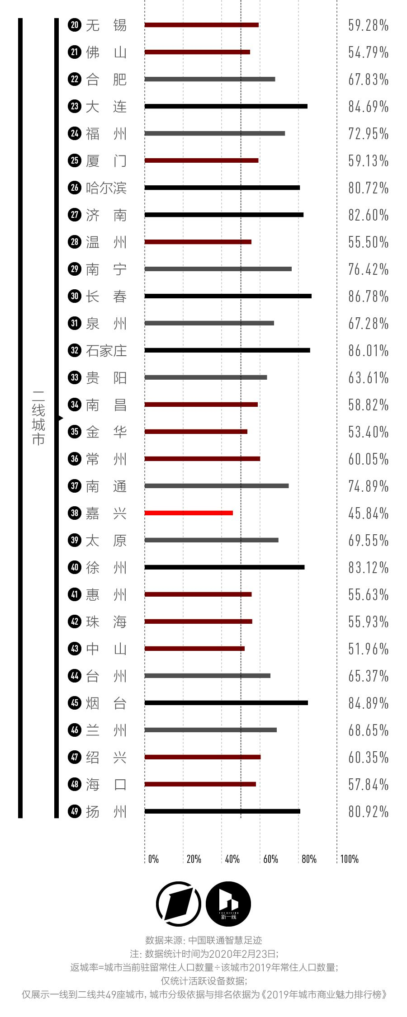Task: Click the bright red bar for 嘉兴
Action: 189,513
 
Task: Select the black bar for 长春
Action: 228,296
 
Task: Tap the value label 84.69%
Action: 368,107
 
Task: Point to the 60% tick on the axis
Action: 270,859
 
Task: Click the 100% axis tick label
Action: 349,859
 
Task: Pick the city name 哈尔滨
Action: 106,188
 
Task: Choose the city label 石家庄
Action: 106,351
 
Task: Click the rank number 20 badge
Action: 75,25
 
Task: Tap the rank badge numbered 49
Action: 75,811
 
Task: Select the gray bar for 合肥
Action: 210,79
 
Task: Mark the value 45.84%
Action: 368,513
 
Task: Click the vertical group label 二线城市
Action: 38,418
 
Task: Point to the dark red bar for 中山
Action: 194,649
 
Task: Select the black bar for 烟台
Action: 226,703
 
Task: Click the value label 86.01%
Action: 368,351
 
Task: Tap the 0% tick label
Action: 153,859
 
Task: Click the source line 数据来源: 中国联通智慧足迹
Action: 203,940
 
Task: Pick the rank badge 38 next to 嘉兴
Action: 75,513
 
